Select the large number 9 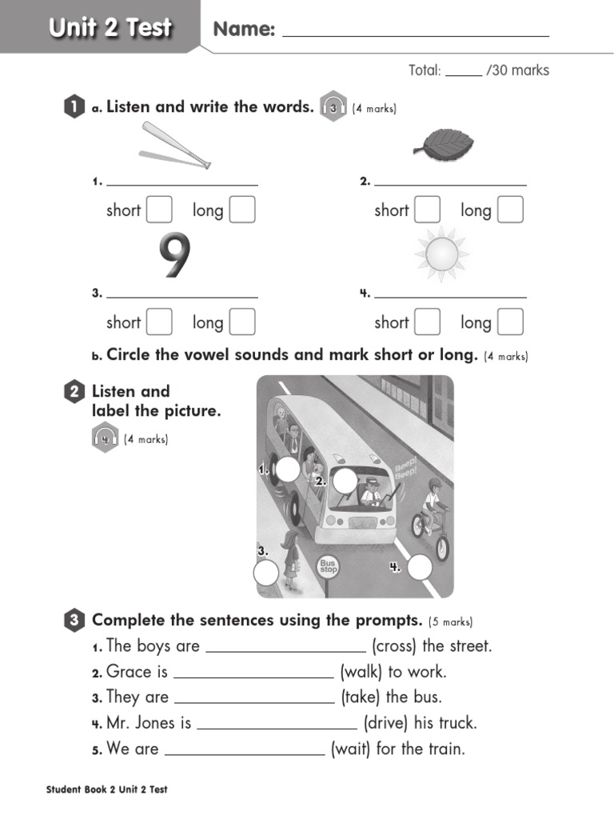point(175,257)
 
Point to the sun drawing point(441,254)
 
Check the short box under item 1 point(159,210)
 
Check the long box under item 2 point(510,210)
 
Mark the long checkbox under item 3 point(242,322)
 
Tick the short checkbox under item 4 point(428,322)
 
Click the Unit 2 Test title point(110,28)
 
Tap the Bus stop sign point(328,566)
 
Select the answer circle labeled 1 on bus point(288,470)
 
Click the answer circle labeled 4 point(419,567)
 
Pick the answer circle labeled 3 point(266,573)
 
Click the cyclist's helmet point(434,484)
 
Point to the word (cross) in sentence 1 point(394,646)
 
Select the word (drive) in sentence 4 point(386,724)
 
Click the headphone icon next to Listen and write point(333,108)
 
